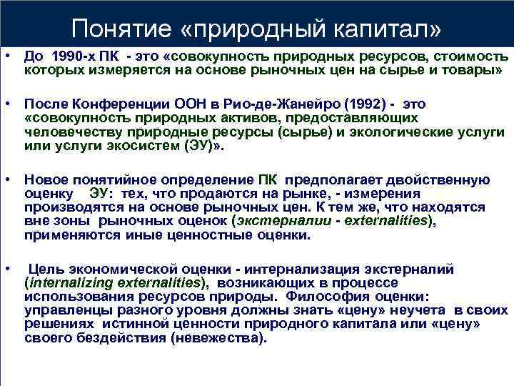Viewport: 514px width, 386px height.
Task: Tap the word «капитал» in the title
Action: coord(385,28)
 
